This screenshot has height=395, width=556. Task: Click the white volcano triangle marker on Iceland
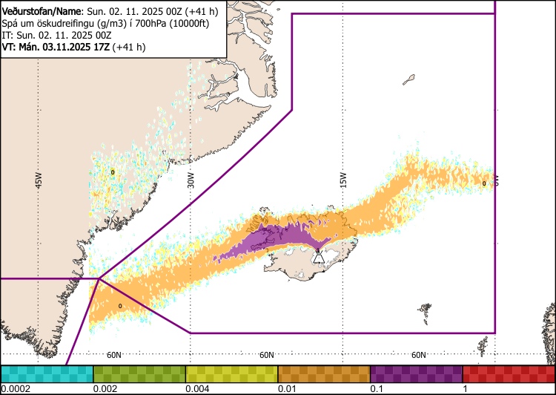click(318, 257)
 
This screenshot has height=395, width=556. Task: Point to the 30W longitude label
click(191, 180)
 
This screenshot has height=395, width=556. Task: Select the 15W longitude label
click(343, 180)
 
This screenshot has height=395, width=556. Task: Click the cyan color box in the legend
click(47, 373)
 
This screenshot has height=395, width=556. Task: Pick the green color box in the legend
click(139, 373)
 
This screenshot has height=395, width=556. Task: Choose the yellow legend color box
click(231, 373)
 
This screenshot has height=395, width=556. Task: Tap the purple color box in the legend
click(416, 373)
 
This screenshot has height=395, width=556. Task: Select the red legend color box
click(509, 373)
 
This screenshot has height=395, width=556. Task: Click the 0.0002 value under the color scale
click(15, 389)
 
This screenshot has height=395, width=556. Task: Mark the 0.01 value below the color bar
click(285, 389)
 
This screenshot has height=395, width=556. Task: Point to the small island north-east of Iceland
click(408, 78)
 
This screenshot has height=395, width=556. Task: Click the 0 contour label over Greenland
click(113, 172)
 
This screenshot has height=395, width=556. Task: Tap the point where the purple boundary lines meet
click(99, 279)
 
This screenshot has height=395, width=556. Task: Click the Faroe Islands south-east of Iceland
click(425, 308)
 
